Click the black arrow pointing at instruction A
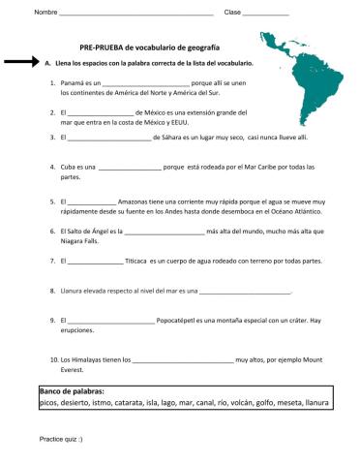[x=20, y=62]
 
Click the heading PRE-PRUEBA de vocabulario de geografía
[x=150, y=46]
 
